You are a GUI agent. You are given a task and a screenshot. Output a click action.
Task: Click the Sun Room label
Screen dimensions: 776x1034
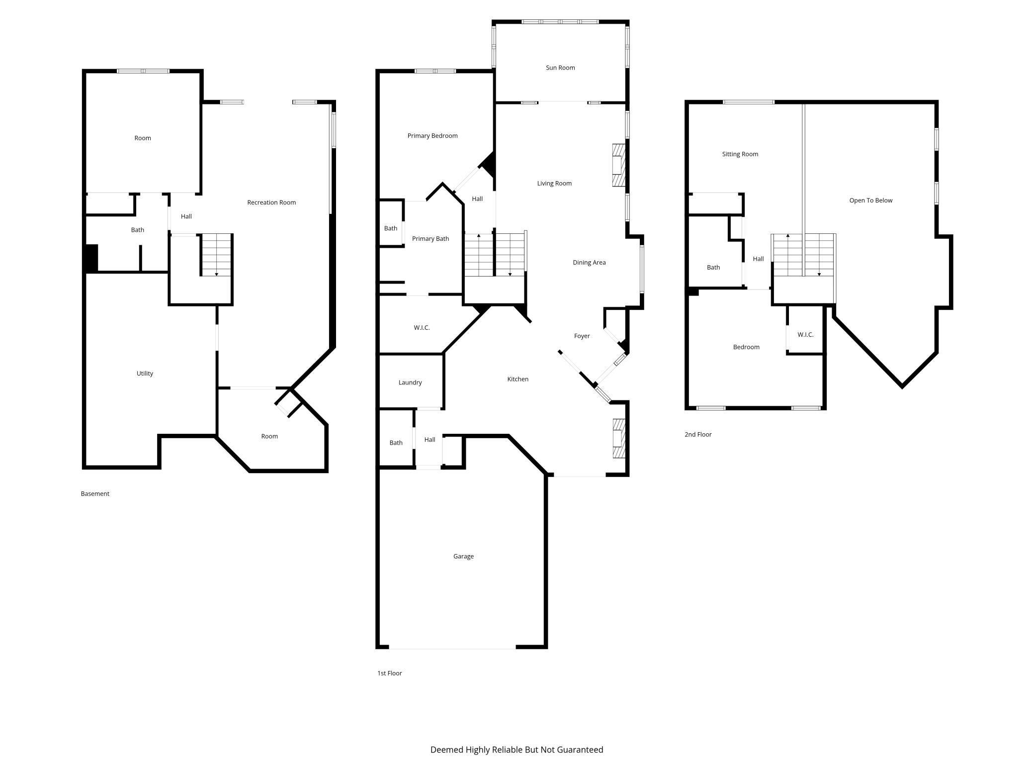[560, 68]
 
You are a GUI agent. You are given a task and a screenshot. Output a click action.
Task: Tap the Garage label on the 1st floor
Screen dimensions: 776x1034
[463, 556]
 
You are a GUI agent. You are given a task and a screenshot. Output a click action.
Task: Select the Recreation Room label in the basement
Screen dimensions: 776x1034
[271, 202]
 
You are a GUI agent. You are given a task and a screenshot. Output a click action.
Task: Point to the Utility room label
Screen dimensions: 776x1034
[145, 374]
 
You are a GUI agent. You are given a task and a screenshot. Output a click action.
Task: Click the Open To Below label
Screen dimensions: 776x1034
[870, 200]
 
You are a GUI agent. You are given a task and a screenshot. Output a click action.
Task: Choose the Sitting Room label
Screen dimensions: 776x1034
[740, 154]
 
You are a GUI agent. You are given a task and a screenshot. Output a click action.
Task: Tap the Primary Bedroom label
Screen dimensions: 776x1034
[432, 136]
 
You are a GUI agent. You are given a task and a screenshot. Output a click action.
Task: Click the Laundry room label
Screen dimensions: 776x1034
[410, 383]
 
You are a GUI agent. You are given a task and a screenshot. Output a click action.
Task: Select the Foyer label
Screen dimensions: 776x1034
[582, 336]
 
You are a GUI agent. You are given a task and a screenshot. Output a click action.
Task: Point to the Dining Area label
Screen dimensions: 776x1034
[589, 263]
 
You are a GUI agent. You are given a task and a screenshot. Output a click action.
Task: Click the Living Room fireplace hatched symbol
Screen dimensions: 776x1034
[618, 165]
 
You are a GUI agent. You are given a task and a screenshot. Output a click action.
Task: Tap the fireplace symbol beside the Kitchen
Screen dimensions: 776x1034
[618, 438]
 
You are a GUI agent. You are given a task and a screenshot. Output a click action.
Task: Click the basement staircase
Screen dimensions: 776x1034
[216, 255]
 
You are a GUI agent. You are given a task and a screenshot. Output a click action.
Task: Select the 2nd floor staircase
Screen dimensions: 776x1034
[803, 255]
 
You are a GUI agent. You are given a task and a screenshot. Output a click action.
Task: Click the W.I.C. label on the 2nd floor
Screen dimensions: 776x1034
[805, 335]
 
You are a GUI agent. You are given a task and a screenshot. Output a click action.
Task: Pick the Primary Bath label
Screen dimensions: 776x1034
[431, 239]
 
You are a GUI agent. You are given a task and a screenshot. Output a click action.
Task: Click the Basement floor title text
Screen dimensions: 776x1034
[95, 494]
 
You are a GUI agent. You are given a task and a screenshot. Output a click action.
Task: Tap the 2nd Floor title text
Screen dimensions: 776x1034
[698, 434]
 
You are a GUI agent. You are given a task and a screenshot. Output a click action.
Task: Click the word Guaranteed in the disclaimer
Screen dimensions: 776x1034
[580, 750]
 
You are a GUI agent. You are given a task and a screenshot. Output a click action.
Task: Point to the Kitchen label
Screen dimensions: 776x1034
[517, 379]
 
